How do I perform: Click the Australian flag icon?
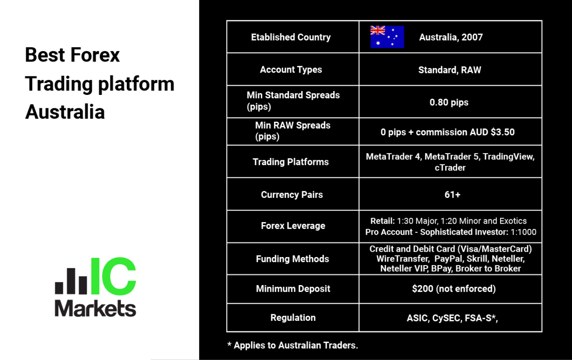pyautogui.click(x=387, y=37)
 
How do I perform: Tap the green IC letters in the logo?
pyautogui.click(x=113, y=276)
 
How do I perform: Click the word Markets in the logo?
pyautogui.click(x=95, y=309)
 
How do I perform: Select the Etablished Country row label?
pyautogui.click(x=291, y=37)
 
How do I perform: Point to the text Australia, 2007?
pyautogui.click(x=451, y=37)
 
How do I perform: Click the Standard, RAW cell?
pyautogui.click(x=449, y=70)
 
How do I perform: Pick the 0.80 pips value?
pyautogui.click(x=449, y=102)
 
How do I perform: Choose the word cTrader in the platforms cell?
pyautogui.click(x=450, y=168)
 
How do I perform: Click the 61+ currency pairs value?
pyautogui.click(x=452, y=195)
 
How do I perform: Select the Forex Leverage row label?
pyautogui.click(x=293, y=226)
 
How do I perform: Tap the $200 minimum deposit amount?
pyautogui.click(x=423, y=289)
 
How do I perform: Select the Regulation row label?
pyautogui.click(x=293, y=318)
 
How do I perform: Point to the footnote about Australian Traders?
pyautogui.click(x=293, y=345)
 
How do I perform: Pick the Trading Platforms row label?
pyautogui.click(x=291, y=162)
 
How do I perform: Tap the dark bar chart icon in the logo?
pyautogui.click(x=71, y=281)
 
